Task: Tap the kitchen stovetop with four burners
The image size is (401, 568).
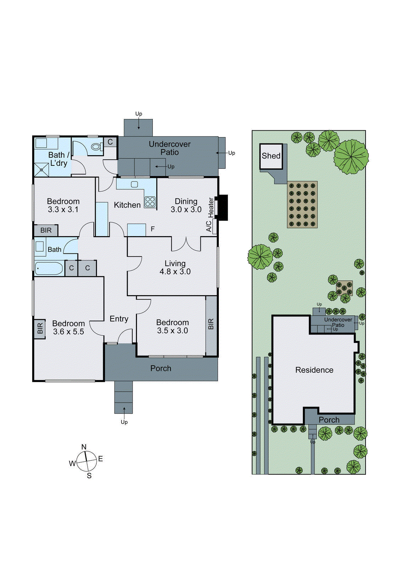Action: tap(150, 202)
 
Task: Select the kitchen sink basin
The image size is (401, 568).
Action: tap(134, 184)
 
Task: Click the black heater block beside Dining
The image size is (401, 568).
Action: tap(222, 207)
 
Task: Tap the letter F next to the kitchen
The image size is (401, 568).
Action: tap(153, 229)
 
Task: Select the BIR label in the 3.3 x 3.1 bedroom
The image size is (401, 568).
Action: tap(46, 230)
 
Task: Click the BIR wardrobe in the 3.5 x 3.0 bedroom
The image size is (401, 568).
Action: tap(211, 324)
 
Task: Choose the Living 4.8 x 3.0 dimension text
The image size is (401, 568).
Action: tap(175, 272)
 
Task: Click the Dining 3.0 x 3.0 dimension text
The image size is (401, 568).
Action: tap(186, 209)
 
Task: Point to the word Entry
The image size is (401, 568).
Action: tap(119, 319)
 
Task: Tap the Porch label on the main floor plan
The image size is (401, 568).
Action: tap(161, 368)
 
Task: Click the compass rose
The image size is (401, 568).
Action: tap(86, 461)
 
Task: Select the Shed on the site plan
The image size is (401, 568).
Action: tap(271, 156)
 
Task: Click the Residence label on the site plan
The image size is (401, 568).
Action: tap(314, 370)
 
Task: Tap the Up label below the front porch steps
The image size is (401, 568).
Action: tap(124, 422)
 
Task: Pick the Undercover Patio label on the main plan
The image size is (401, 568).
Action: tap(169, 148)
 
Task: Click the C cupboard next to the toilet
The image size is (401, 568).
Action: tap(110, 142)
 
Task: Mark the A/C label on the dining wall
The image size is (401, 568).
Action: tap(209, 226)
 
